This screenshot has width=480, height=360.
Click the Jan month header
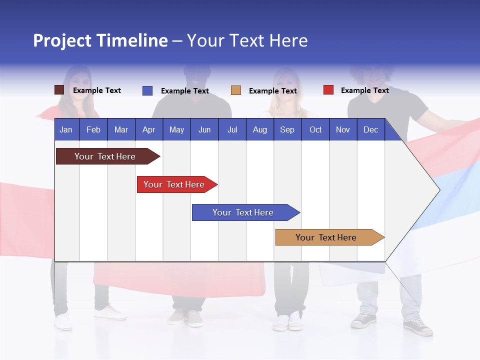pyautogui.click(x=66, y=129)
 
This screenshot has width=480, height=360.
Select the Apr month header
pyautogui.click(x=148, y=129)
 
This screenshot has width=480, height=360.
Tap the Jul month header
pyautogui.click(x=232, y=129)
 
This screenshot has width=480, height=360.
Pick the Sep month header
pyautogui.click(x=287, y=129)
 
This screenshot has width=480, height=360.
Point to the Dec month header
pyautogui.click(x=370, y=129)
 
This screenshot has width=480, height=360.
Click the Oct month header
pyautogui.click(x=315, y=129)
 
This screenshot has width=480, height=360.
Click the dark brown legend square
pyautogui.click(x=59, y=90)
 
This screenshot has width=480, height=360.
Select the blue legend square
pyautogui.click(x=147, y=90)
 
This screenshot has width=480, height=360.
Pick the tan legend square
pyautogui.click(x=236, y=90)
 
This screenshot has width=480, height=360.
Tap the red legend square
pyautogui.click(x=328, y=90)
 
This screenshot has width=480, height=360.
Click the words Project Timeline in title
pyautogui.click(x=100, y=40)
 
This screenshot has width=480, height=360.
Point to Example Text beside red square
pyautogui.click(x=364, y=90)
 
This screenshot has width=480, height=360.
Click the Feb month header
pyautogui.click(x=93, y=129)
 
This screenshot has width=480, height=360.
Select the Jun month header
pyautogui.click(x=204, y=129)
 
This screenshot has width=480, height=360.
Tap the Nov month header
pyautogui.click(x=343, y=129)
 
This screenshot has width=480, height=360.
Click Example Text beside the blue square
pyautogui.click(x=184, y=90)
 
